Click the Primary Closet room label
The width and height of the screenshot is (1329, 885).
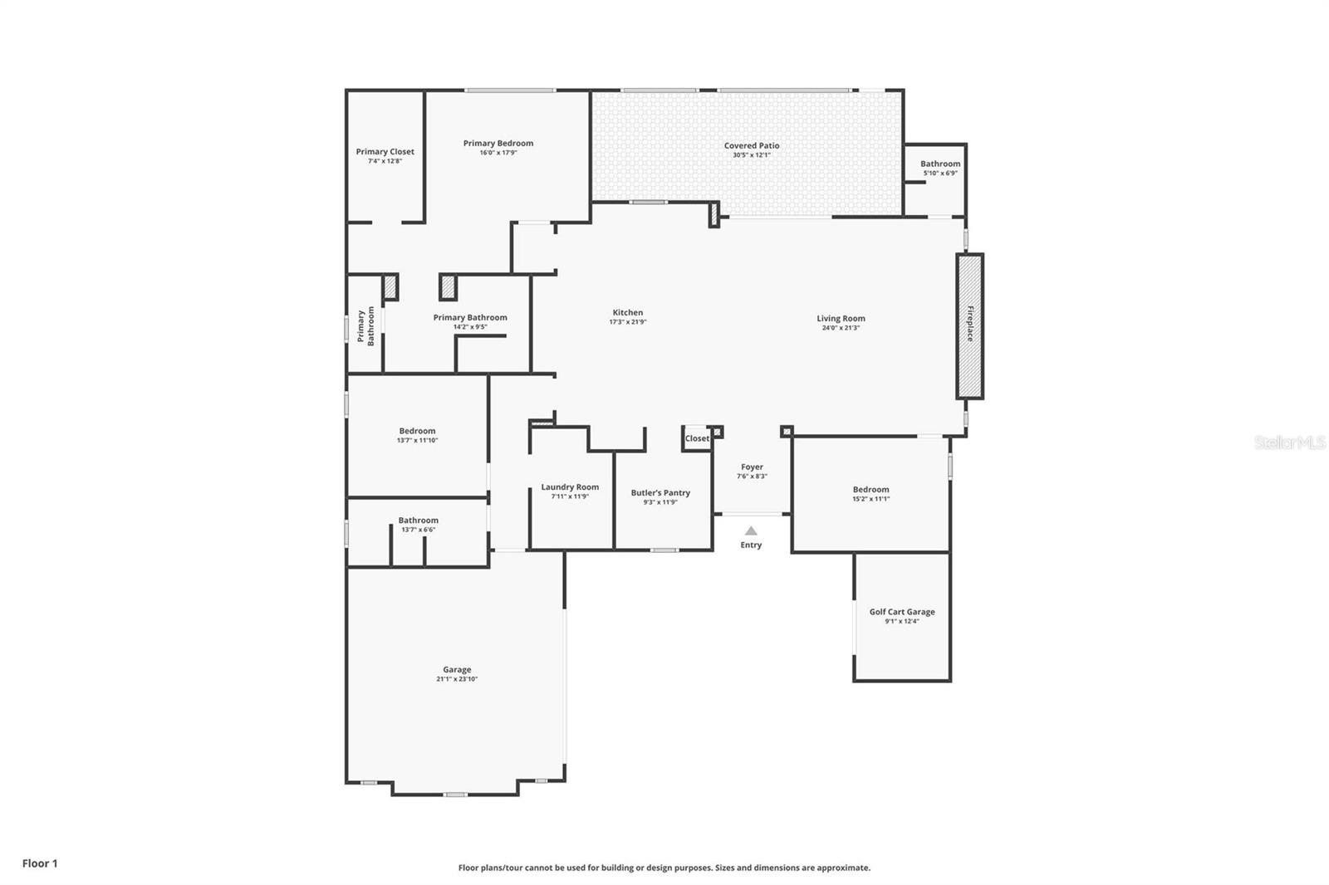(385, 152)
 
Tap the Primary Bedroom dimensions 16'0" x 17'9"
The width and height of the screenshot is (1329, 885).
(498, 153)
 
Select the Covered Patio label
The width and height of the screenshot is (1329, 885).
(752, 145)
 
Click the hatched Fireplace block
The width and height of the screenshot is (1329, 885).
(969, 325)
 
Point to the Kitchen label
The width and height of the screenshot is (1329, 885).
(628, 312)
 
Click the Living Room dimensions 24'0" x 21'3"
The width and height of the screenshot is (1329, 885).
(841, 328)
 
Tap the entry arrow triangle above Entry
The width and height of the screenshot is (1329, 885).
(751, 531)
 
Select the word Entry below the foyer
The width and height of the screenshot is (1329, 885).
(751, 545)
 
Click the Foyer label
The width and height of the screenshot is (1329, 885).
(752, 467)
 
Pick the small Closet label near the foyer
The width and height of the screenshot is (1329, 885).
(697, 438)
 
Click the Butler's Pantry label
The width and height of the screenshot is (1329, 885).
(660, 492)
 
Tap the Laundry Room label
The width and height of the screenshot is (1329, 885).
(570, 487)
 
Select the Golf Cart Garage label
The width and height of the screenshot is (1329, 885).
(902, 612)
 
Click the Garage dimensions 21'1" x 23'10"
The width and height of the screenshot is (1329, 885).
(457, 679)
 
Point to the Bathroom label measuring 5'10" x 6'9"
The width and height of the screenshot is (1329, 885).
(940, 164)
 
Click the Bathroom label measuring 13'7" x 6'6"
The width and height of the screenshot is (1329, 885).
(418, 521)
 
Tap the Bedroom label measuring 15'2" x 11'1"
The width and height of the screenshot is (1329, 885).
(870, 490)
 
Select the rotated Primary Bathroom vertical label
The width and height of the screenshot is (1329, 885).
(365, 326)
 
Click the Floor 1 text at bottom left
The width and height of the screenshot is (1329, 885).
(40, 863)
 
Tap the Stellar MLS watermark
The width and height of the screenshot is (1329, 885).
(1290, 443)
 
